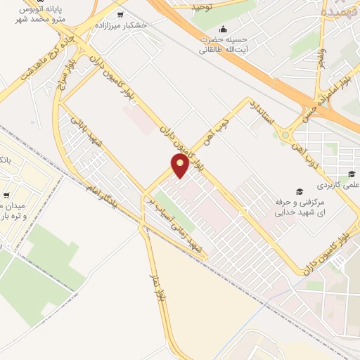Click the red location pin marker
point(180,165)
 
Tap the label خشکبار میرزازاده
point(145,24)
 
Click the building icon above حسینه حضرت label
point(224,29)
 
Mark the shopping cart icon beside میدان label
point(6,195)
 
